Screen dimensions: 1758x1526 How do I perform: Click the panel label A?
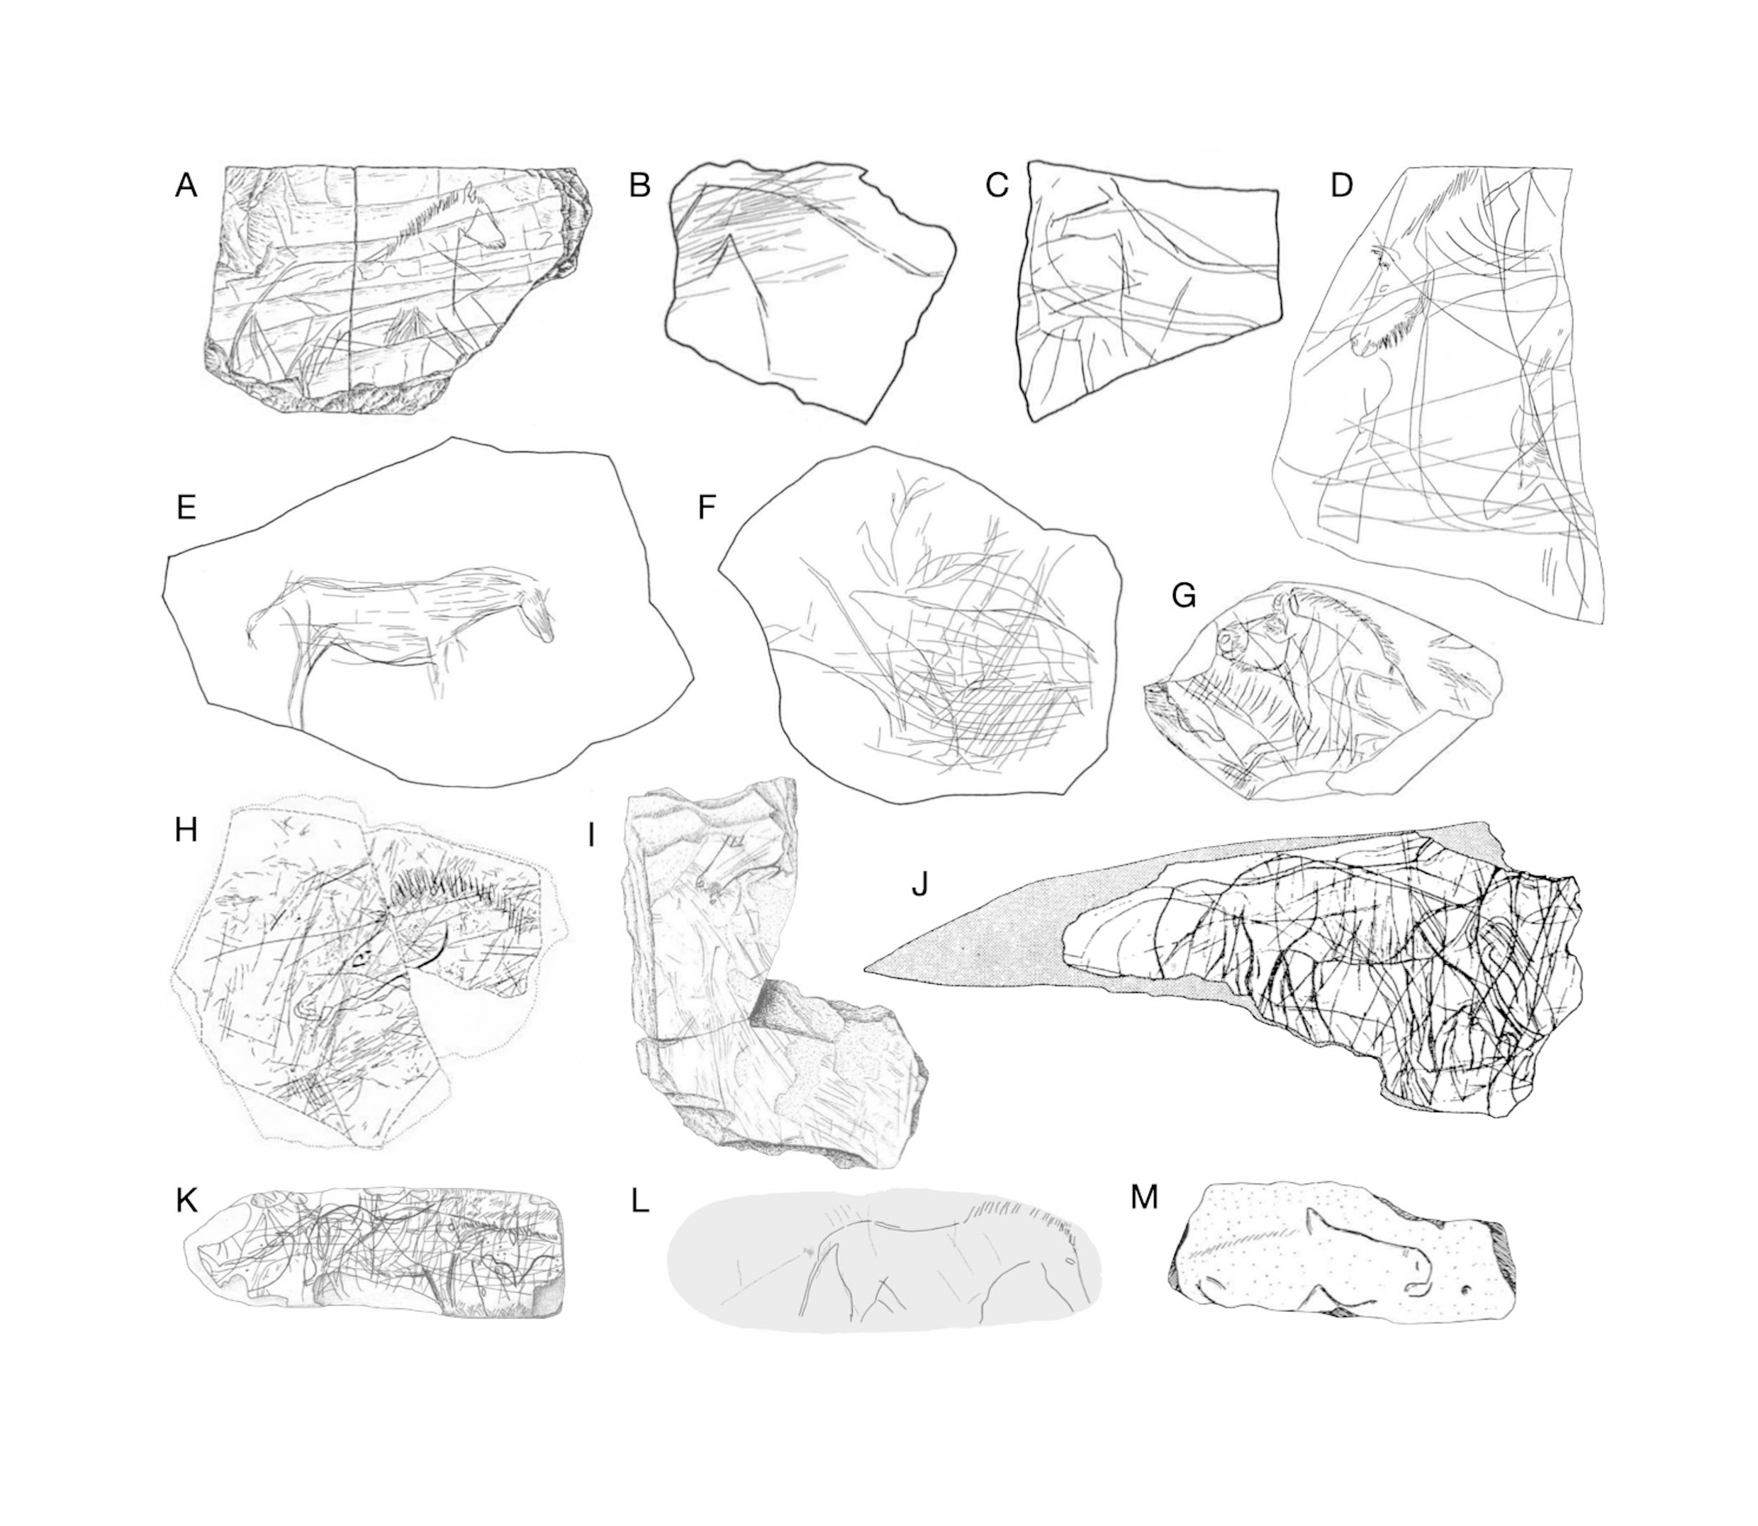pyautogui.click(x=186, y=186)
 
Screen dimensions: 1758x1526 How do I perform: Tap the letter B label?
pyautogui.click(x=639, y=186)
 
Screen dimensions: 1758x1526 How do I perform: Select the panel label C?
pyautogui.click(x=997, y=186)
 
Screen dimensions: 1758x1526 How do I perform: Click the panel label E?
pyautogui.click(x=186, y=507)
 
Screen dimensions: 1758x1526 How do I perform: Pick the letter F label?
pyautogui.click(x=707, y=507)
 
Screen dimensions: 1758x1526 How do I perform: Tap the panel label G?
pyautogui.click(x=1184, y=596)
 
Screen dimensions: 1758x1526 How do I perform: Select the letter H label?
pyautogui.click(x=186, y=829)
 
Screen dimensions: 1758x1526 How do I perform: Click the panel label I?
pyautogui.click(x=590, y=836)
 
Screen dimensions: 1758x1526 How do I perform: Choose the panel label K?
pyautogui.click(x=186, y=1200)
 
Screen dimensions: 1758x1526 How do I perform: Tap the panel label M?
pyautogui.click(x=1144, y=1197)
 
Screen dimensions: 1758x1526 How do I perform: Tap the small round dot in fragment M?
pyautogui.click(x=1466, y=1290)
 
